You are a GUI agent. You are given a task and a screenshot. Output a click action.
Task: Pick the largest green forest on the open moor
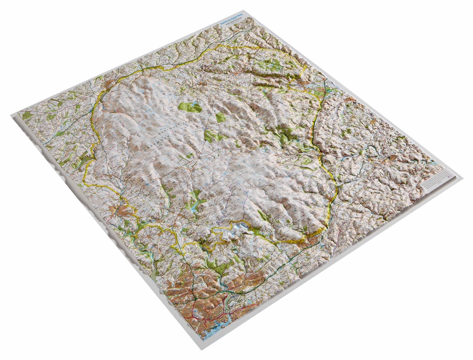(190, 107)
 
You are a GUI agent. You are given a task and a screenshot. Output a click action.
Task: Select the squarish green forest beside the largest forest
(221, 117)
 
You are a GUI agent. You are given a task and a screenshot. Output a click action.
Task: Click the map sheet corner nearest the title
(255, 11)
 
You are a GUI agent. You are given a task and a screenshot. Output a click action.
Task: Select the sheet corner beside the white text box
(462, 177)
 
